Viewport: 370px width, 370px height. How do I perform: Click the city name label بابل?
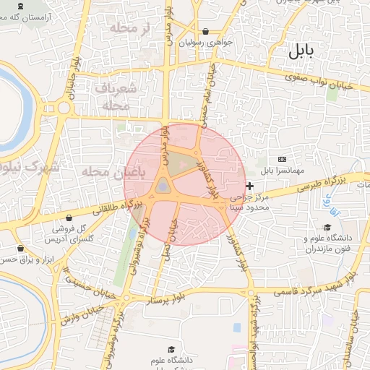pos(301,51)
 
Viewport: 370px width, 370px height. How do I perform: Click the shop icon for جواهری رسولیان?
pos(207,31)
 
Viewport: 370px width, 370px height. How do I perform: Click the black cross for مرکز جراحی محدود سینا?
pos(250,186)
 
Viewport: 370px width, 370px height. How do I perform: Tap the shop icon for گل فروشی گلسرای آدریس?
pos(69,218)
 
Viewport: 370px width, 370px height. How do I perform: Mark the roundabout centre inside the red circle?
pos(163,187)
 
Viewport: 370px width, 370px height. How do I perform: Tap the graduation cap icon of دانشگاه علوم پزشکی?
pos(171,350)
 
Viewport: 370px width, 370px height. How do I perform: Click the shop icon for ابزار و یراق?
pos(20,248)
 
